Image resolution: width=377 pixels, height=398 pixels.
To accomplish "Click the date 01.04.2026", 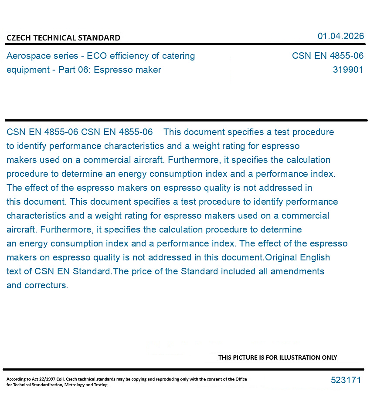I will [340, 36].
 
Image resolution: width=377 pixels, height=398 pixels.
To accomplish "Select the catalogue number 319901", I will [348, 70].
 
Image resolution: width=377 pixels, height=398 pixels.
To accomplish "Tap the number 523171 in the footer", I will [346, 380].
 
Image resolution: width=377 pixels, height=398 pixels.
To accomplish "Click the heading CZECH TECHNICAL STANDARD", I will [63, 38].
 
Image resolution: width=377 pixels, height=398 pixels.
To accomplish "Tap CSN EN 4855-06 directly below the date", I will [327, 56].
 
